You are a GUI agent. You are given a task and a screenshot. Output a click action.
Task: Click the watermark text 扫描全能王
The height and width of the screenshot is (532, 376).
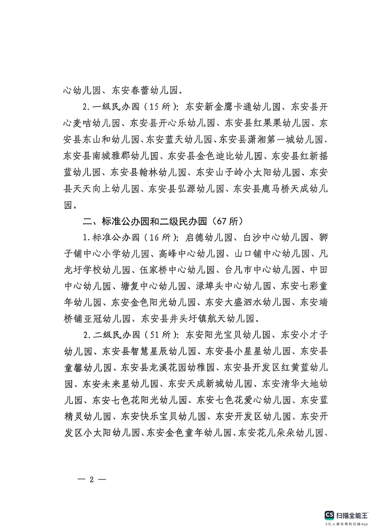(352, 515)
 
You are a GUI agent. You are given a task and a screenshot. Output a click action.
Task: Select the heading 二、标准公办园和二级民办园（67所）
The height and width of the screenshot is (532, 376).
(163, 221)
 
